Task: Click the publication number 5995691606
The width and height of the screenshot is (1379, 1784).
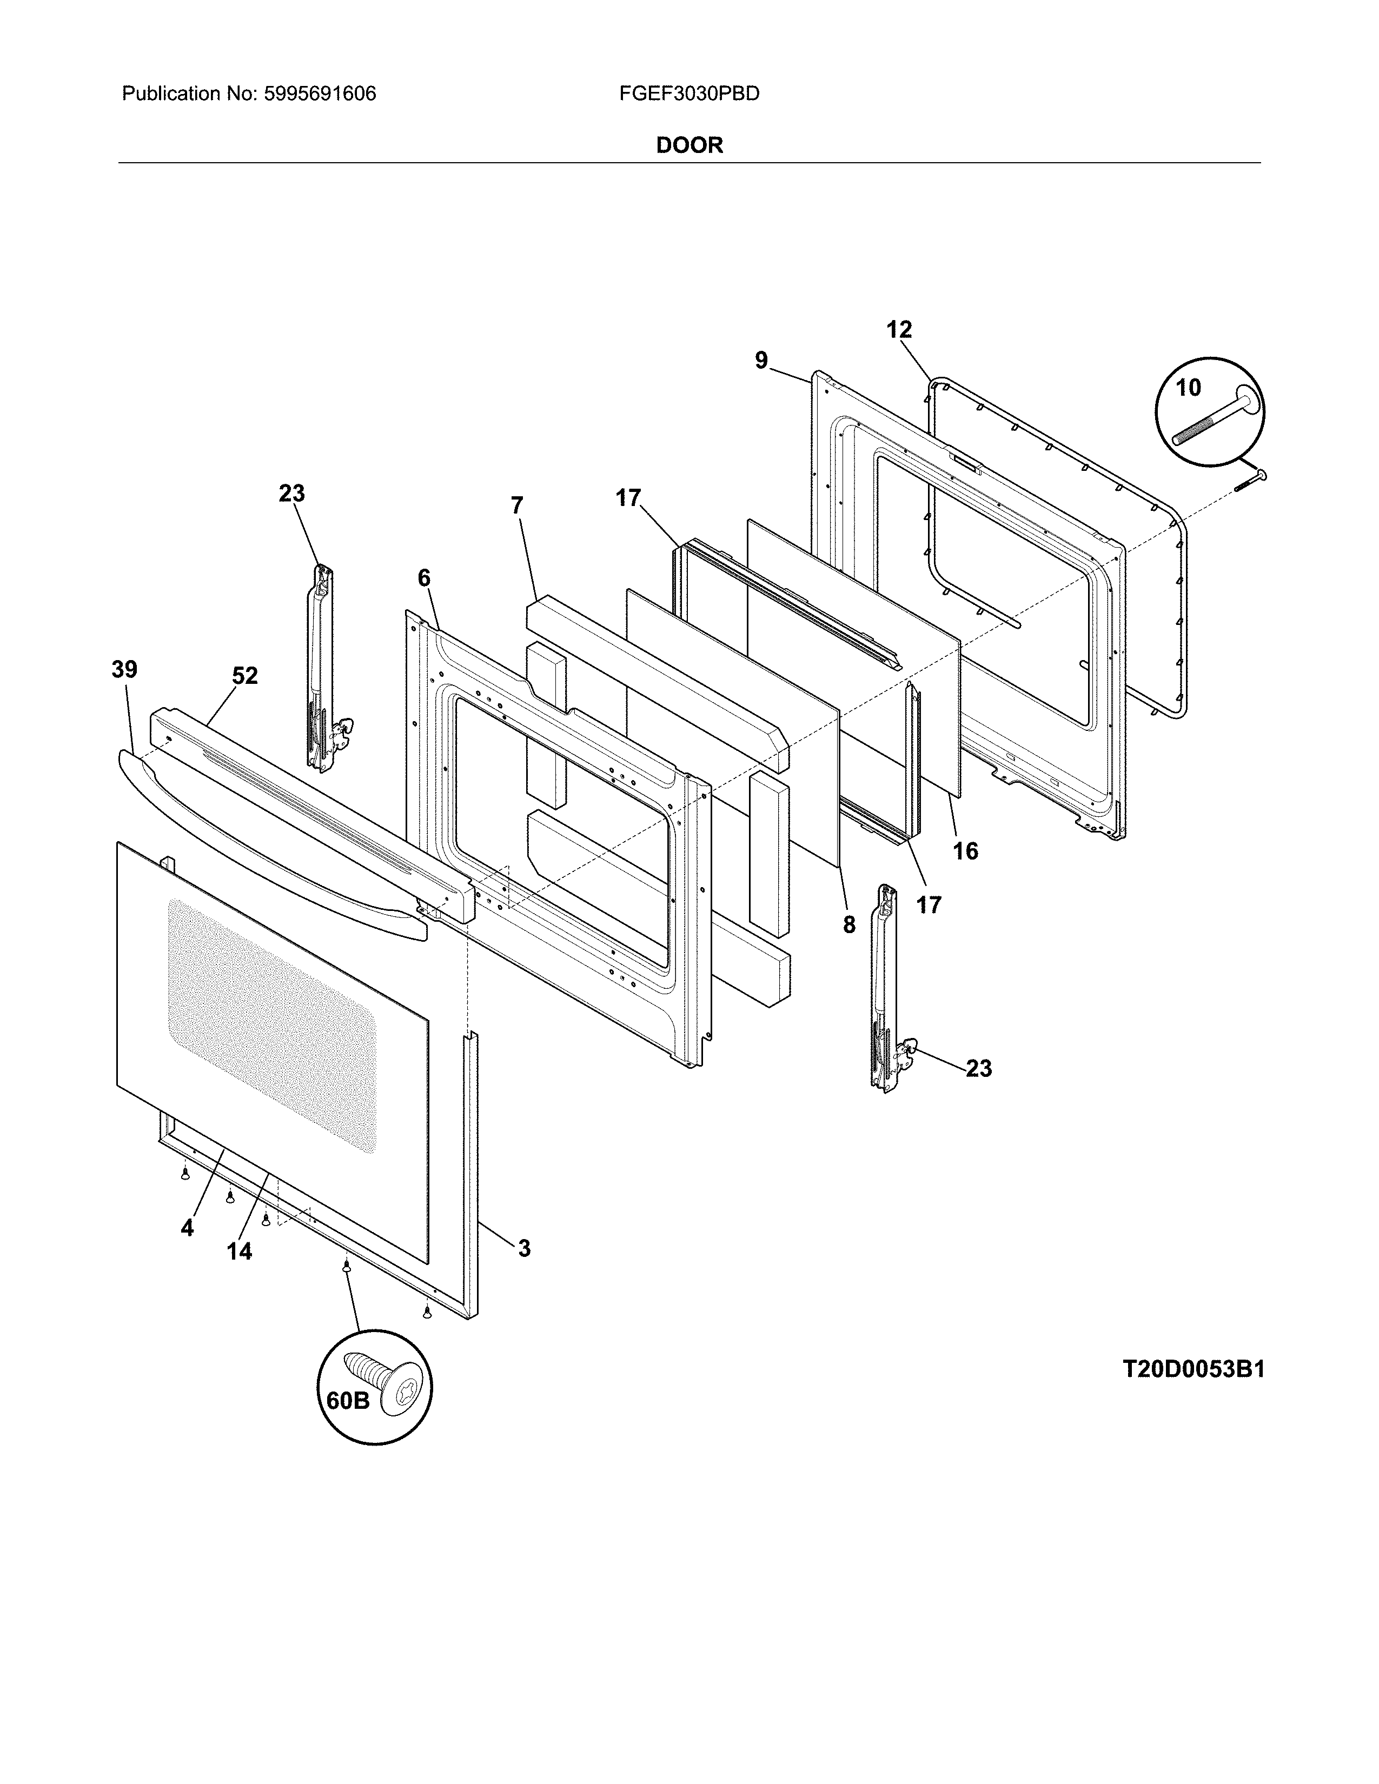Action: [320, 94]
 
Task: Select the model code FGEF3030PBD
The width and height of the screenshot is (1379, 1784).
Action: [688, 94]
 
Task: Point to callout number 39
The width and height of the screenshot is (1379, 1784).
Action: [124, 670]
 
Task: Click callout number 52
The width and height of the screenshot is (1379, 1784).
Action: [244, 676]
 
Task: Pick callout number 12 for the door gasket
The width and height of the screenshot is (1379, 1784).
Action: [899, 330]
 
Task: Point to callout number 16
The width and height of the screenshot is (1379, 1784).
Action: [965, 851]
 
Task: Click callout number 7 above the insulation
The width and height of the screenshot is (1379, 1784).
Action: [516, 505]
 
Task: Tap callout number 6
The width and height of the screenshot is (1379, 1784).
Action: [423, 578]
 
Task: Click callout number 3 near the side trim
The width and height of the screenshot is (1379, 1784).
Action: [523, 1248]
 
